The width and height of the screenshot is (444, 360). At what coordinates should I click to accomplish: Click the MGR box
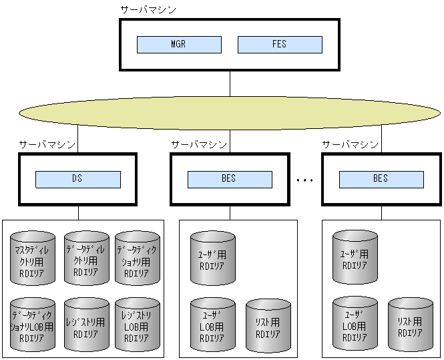click(179, 45)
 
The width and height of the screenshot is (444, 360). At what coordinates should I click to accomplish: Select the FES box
click(280, 45)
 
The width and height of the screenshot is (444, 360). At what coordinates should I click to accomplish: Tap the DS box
click(78, 179)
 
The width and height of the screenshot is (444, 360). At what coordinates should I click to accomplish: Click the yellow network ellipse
click(230, 113)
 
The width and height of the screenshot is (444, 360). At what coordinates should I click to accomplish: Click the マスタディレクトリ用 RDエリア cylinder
click(33, 257)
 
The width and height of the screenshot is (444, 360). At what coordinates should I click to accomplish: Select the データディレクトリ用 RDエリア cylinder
click(86, 257)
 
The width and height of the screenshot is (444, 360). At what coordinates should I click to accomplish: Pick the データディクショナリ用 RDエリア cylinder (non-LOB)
click(137, 257)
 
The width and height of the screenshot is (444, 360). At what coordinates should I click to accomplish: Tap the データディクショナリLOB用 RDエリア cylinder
click(33, 324)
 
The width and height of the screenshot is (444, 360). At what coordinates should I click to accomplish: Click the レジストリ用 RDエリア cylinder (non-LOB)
click(86, 324)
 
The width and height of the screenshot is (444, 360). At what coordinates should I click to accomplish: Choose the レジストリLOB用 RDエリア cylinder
click(137, 324)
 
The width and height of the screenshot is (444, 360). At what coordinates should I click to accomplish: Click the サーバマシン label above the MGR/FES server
click(148, 10)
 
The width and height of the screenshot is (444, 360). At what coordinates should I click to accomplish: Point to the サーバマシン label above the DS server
click(47, 144)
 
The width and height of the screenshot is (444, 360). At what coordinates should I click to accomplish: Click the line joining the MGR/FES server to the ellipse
click(230, 83)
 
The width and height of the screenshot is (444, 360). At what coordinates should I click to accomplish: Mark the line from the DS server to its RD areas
click(78, 212)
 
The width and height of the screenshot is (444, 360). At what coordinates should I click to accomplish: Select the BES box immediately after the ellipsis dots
click(381, 179)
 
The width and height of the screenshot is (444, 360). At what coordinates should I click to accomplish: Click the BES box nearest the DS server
click(230, 179)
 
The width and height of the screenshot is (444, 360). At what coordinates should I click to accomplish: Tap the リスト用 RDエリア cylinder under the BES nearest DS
click(268, 325)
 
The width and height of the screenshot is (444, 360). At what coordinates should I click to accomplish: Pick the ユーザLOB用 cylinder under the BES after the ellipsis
click(355, 324)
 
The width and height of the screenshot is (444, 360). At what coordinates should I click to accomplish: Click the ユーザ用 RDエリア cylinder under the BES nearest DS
click(212, 258)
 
